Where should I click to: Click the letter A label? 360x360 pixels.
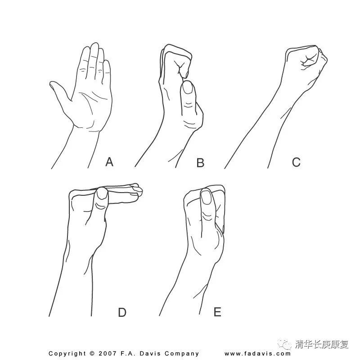point(109,162)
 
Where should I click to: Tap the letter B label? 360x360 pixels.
point(200,162)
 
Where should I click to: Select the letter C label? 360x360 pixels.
point(296,162)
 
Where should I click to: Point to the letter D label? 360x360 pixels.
point(122,312)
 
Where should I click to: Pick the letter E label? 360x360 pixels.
point(217,312)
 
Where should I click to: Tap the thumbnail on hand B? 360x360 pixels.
point(188,88)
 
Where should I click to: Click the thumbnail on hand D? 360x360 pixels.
point(102,194)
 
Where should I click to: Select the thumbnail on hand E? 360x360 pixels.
point(206,197)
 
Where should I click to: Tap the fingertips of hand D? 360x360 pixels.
point(136,190)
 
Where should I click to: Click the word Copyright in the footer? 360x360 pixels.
point(67,354)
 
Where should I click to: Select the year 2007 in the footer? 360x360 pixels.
point(108,353)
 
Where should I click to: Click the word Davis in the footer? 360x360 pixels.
point(149,353)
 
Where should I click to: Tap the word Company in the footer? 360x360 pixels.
point(182,354)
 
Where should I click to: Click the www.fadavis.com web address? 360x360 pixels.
point(257,354)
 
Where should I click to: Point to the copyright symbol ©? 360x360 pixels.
point(92,354)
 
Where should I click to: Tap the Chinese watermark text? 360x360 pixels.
point(321,344)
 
